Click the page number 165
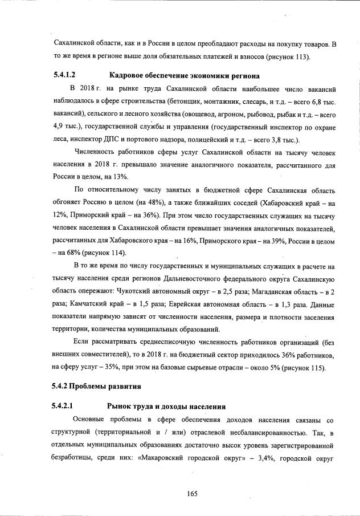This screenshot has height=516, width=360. click(x=192, y=494)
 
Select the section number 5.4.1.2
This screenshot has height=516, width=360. click(x=65, y=75)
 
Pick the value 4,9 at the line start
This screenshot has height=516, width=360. click(x=60, y=127)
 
